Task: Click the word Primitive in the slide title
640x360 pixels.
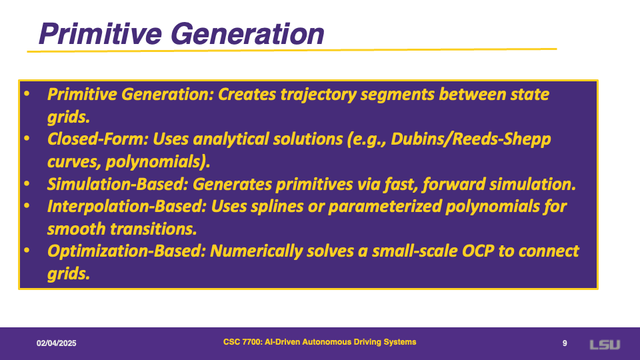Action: coord(100,33)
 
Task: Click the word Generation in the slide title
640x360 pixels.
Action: coord(247,33)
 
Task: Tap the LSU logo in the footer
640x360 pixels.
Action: coord(605,345)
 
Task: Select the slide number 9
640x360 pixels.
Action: coord(565,343)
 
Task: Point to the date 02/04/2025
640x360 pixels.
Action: coord(56,343)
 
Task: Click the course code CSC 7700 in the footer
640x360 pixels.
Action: coord(242,342)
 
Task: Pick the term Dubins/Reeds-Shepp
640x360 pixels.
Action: coord(471,139)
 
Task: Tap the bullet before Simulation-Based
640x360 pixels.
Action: coord(27,184)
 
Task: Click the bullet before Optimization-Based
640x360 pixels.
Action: coord(27,251)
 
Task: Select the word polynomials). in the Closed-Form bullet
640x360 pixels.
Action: coord(158,162)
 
